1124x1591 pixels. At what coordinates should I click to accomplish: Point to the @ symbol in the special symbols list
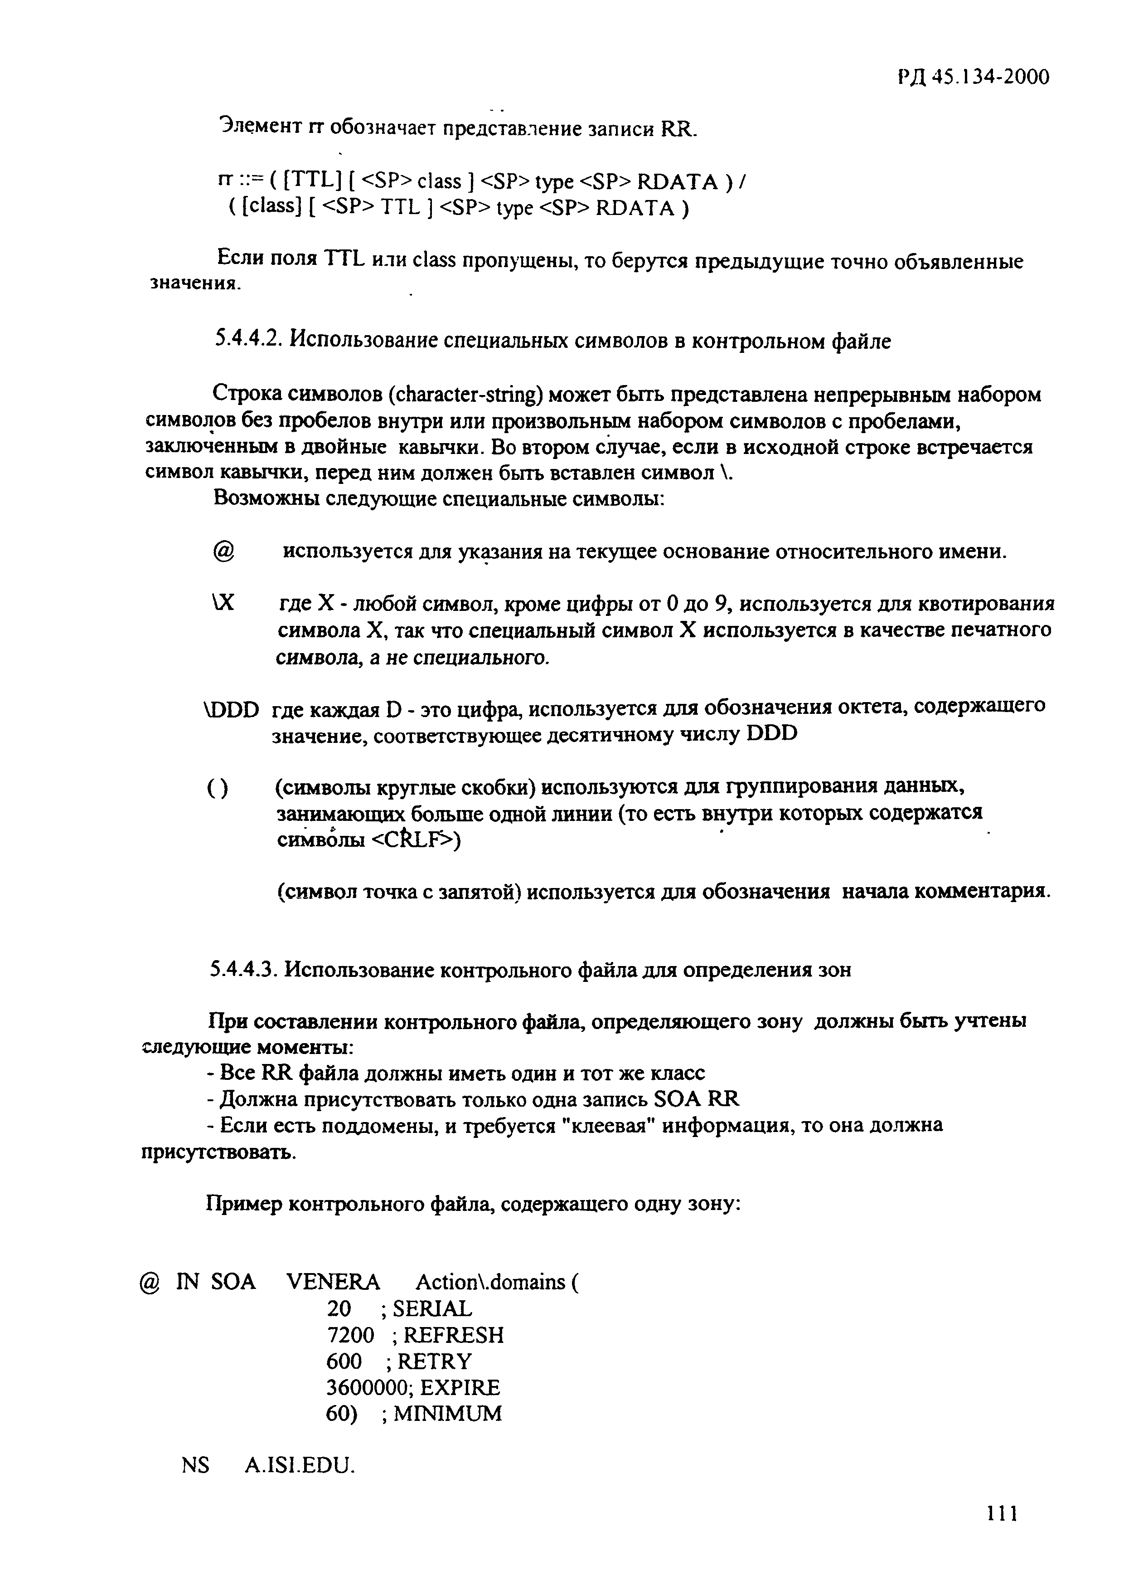pos(224,552)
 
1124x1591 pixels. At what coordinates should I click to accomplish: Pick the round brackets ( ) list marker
pos(218,789)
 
